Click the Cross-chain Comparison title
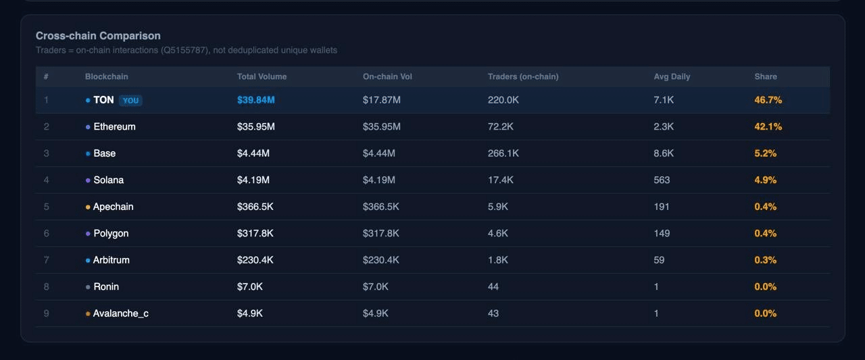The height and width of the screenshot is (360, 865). point(98,36)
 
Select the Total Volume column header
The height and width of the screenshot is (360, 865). point(262,77)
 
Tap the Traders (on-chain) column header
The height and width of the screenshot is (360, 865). point(523,77)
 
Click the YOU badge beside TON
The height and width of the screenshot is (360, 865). point(130,101)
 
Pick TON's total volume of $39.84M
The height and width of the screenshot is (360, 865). point(255,100)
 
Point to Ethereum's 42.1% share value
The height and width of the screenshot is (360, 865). point(768,127)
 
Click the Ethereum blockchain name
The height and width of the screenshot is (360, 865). point(114,127)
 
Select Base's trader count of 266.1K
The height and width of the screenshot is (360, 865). point(503,153)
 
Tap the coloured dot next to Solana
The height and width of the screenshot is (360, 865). point(88,180)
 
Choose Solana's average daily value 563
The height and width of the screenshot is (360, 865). point(662,180)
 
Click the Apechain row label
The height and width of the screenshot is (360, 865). point(113,207)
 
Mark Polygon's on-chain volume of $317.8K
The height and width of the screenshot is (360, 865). point(380,234)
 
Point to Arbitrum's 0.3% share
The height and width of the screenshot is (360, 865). point(765,260)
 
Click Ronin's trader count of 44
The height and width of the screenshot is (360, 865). point(493,287)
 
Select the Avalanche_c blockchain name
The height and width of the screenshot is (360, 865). point(120,313)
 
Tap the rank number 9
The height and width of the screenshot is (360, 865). point(47,313)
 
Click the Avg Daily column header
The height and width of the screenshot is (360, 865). point(672,77)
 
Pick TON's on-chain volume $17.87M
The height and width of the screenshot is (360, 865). point(381,100)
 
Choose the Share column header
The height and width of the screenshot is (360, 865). point(766,77)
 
